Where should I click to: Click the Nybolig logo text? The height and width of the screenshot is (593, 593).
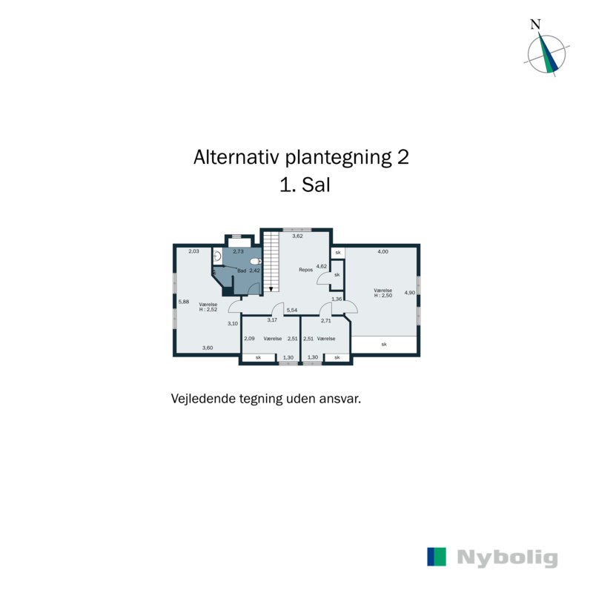(x=507, y=557)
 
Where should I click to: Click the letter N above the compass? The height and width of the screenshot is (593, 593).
(x=535, y=24)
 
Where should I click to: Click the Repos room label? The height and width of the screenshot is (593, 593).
(x=305, y=270)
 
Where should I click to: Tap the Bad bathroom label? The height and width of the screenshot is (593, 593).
(x=242, y=271)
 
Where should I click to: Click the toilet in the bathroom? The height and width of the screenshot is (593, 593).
(x=254, y=262)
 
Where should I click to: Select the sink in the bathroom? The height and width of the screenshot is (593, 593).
(x=217, y=257)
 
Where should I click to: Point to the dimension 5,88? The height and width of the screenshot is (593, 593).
(x=184, y=301)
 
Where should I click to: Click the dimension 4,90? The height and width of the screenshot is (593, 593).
(x=409, y=293)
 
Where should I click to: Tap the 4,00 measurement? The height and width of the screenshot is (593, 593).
(x=382, y=252)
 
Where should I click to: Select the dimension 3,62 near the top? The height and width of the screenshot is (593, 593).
(x=297, y=236)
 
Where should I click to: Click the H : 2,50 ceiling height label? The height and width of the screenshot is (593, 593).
(x=382, y=296)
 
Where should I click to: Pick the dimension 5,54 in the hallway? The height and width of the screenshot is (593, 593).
(x=292, y=310)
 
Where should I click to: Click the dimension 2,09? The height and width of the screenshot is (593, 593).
(x=250, y=338)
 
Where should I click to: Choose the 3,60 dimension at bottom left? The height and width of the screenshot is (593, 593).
(x=208, y=348)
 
